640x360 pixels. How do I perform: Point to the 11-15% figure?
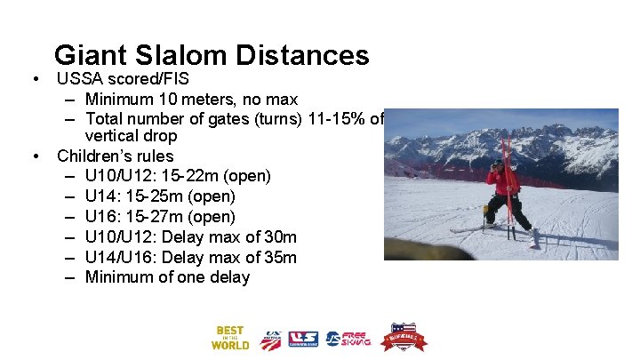337,118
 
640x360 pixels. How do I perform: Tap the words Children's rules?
116,156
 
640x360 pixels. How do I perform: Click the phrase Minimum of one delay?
167,278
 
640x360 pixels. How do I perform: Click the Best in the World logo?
229,338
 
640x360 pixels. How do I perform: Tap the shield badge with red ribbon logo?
403,338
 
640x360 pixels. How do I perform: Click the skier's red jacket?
507,181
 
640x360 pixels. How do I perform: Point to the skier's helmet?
499,164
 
